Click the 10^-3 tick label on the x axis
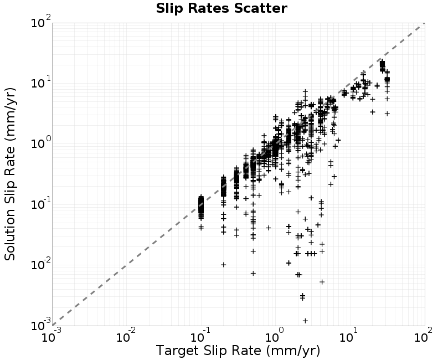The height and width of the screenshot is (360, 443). tap(51, 336)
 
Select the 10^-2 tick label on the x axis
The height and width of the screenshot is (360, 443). tap(126, 336)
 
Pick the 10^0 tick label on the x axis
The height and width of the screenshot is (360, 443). tap(275, 336)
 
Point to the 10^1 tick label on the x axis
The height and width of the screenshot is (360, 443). tap(349, 336)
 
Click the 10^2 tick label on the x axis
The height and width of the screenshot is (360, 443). tap(424, 336)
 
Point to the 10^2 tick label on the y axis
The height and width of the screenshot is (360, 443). tap(41, 22)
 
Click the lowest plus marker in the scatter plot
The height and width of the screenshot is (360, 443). tap(305, 321)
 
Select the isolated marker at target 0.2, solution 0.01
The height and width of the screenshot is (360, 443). tap(224, 265)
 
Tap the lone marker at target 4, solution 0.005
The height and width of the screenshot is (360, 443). tap(322, 282)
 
